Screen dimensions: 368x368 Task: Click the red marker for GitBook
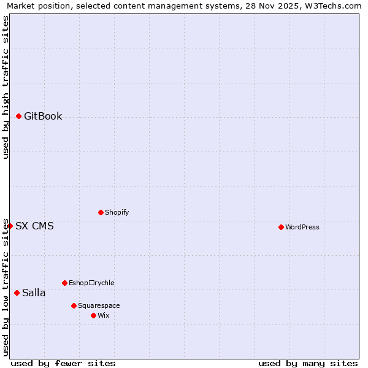click(x=18, y=116)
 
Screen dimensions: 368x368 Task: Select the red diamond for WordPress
click(x=281, y=227)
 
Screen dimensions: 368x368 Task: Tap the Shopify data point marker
click(x=101, y=212)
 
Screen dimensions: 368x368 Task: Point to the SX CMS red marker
click(x=10, y=226)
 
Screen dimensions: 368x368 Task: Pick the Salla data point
click(x=17, y=293)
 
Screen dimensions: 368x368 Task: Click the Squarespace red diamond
click(x=74, y=305)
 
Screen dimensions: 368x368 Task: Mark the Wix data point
click(x=93, y=315)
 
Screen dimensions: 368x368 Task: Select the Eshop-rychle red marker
click(x=64, y=283)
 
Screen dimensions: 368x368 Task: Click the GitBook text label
click(x=43, y=117)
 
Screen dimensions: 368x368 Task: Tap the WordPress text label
click(x=302, y=227)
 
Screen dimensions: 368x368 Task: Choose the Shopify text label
click(x=117, y=212)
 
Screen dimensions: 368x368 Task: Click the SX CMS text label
click(x=34, y=226)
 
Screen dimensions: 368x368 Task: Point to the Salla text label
click(x=34, y=293)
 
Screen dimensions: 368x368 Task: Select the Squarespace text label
click(x=99, y=305)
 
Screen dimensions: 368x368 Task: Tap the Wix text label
click(x=103, y=315)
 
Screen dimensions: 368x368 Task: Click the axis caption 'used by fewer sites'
click(x=63, y=363)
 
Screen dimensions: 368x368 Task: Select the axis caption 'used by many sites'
click(x=308, y=363)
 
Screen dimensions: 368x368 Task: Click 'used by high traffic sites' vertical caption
click(x=6, y=87)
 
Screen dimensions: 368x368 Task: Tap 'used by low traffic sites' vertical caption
click(x=6, y=286)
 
